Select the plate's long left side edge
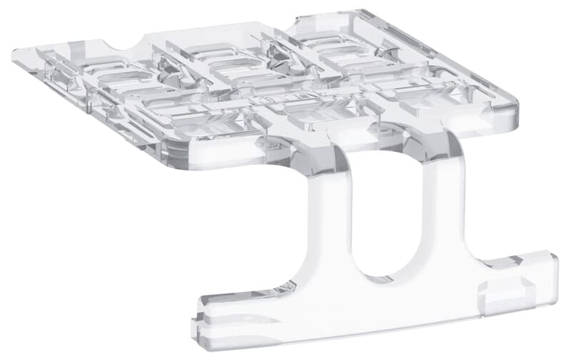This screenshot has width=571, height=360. [86, 114]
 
